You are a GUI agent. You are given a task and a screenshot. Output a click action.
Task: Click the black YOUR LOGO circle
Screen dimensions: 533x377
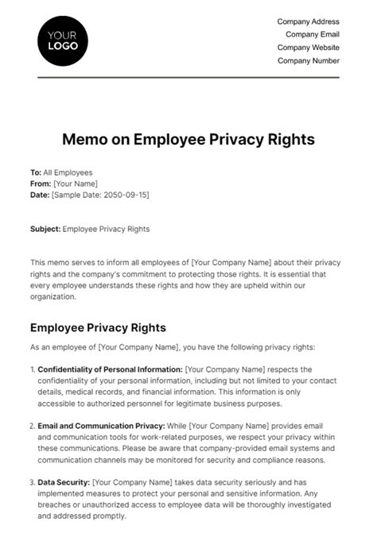pyautogui.click(x=63, y=39)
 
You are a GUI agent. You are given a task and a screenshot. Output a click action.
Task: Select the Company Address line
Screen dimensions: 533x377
pyautogui.click(x=308, y=21)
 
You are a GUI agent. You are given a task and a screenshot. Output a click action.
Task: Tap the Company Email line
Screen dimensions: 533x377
pyautogui.click(x=311, y=34)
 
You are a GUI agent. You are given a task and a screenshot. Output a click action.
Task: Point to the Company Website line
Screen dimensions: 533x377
pyautogui.click(x=308, y=48)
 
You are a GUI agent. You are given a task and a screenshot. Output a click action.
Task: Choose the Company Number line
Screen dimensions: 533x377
pyautogui.click(x=309, y=60)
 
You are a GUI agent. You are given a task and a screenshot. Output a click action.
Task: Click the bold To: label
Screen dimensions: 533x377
pyautogui.click(x=36, y=172)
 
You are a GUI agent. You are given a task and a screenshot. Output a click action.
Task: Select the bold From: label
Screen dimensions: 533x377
pyautogui.click(x=40, y=183)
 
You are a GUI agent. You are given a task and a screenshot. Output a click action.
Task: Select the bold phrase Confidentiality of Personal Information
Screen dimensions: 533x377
pyautogui.click(x=110, y=369)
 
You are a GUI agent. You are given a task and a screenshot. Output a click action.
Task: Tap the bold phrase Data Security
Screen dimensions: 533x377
pyautogui.click(x=64, y=482)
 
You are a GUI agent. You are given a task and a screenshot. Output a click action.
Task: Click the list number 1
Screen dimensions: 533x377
pyautogui.click(x=32, y=369)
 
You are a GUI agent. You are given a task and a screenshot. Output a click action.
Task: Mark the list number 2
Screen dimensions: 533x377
pyautogui.click(x=32, y=427)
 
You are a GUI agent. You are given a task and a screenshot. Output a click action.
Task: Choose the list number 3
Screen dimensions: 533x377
pyautogui.click(x=32, y=482)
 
